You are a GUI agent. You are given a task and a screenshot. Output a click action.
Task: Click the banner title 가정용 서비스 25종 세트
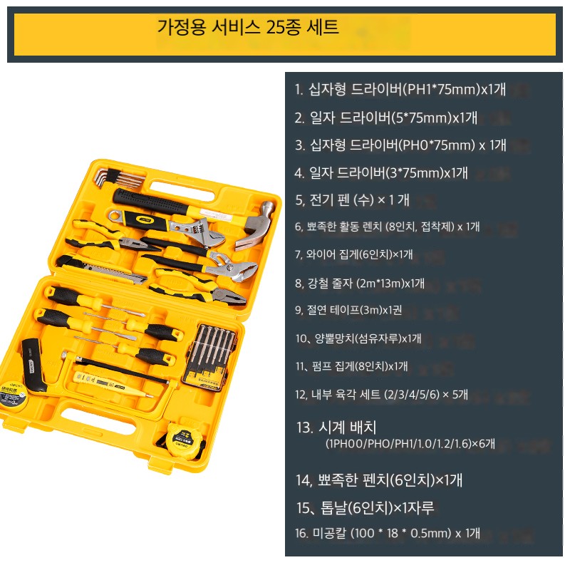pos(248,27)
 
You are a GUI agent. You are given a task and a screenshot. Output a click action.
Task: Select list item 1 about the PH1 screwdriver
pos(400,89)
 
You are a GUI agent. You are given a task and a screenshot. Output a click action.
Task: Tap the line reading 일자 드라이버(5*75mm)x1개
pos(385,118)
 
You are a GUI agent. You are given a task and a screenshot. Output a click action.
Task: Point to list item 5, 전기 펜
pos(352,199)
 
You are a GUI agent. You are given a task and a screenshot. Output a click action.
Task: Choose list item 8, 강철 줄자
pos(360,283)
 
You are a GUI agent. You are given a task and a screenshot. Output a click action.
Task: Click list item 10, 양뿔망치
pos(358,338)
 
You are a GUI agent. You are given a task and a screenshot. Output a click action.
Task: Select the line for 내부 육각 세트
pos(381,394)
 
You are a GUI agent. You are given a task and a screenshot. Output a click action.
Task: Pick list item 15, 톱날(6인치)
pos(365,507)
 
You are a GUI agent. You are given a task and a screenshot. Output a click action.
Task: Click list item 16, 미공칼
pos(388,533)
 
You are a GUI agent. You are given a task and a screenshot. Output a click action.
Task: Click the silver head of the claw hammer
pos(254,225)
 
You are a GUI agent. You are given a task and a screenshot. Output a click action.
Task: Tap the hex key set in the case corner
pos(119,179)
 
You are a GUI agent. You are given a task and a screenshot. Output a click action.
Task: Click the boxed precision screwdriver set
pos(209,358)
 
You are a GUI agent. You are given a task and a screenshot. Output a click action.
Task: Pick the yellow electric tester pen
pos(112,384)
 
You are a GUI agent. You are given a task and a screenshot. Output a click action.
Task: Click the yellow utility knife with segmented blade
pos(101,270)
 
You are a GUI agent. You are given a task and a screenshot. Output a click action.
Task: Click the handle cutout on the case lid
pos(182,191)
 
